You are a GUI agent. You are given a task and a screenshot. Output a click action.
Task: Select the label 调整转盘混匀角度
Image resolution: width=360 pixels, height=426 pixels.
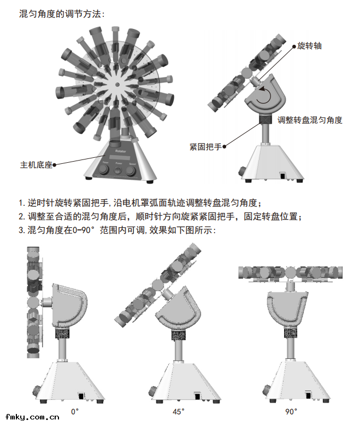310,120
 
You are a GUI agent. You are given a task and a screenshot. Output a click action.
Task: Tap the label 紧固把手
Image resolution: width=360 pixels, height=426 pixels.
205,147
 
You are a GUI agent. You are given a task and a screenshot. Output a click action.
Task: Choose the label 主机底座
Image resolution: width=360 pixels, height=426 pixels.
36,164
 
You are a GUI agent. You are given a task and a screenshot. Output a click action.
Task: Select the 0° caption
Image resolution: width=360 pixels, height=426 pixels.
75,411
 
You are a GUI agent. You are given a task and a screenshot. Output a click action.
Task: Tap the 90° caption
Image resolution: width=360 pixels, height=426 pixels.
292,411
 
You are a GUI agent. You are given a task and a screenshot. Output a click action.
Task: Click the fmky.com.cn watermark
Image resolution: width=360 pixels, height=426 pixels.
31,417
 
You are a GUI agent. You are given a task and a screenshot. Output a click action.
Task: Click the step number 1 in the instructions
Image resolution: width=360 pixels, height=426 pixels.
21,203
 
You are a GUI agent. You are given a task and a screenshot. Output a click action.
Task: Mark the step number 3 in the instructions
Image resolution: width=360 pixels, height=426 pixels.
21,230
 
